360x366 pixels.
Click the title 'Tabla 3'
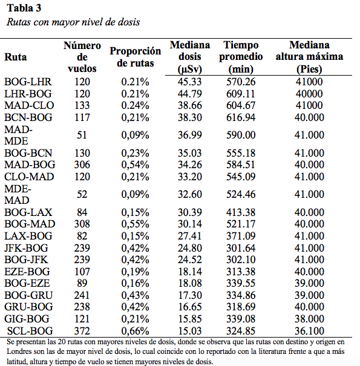24,8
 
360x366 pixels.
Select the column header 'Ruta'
15,57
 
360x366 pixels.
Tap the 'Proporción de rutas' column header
135,57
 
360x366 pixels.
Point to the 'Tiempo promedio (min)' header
241,57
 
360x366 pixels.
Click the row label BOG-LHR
28,82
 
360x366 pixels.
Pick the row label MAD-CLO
29,105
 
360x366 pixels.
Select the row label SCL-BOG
30,331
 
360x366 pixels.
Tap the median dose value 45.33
189,82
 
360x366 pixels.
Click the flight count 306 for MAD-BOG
82,165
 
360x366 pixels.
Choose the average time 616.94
241,117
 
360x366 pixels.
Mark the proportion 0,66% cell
135,331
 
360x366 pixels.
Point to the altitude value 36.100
309,331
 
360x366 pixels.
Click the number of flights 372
82,331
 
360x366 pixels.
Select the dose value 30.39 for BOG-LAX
189,212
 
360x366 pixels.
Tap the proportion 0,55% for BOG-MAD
135,224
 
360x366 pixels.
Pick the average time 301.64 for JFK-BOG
241,248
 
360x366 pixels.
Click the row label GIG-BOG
27,319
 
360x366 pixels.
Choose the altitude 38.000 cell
309,319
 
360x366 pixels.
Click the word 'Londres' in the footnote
18,351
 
